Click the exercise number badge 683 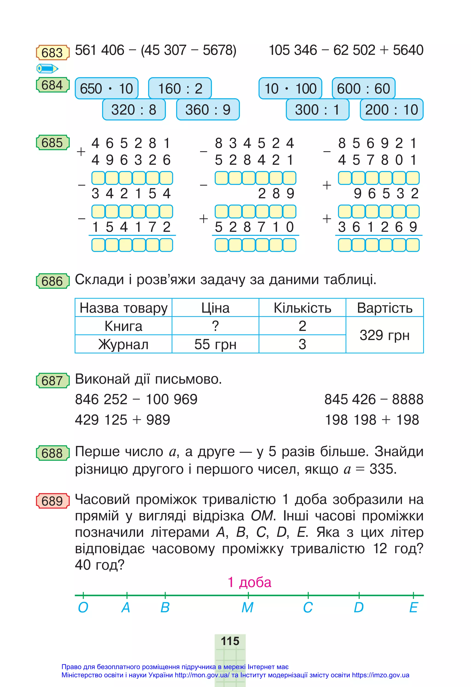coord(53,53)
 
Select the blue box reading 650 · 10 coord(106,88)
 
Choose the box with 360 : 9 coord(208,110)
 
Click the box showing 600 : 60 coord(363,88)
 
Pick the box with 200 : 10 coord(391,110)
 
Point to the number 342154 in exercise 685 coord(131,194)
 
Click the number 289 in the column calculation coord(276,194)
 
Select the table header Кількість coord(302,308)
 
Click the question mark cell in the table coord(215,326)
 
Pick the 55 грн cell coord(215,344)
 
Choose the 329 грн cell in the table coord(384,335)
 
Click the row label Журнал coord(123,344)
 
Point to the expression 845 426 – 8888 coord(374,399)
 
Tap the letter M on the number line coord(247,608)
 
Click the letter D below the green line coord(359,608)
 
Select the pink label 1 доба coord(249,582)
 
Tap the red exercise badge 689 coord(53,501)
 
